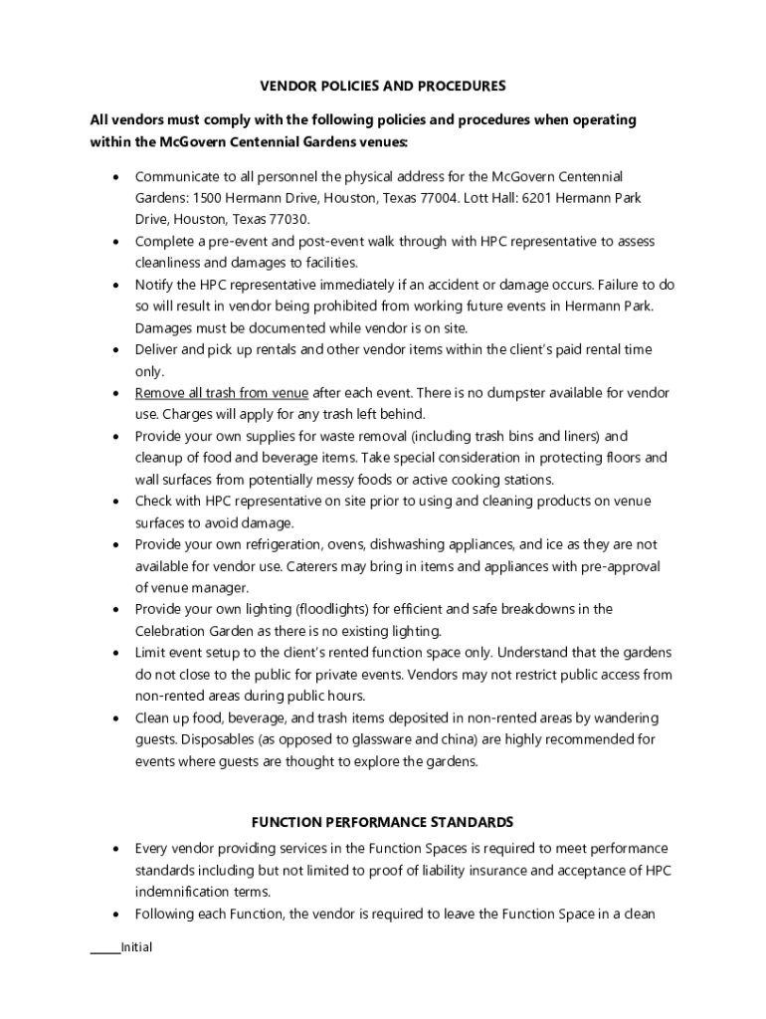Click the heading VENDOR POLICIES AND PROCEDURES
coord(383,86)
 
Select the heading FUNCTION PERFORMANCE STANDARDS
coord(383,822)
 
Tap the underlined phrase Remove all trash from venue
coord(222,392)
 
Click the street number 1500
coord(208,198)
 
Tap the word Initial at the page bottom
coord(136,947)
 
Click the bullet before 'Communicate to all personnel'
coord(116,177)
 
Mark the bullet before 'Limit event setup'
coord(116,653)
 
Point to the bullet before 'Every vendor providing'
coord(116,849)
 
